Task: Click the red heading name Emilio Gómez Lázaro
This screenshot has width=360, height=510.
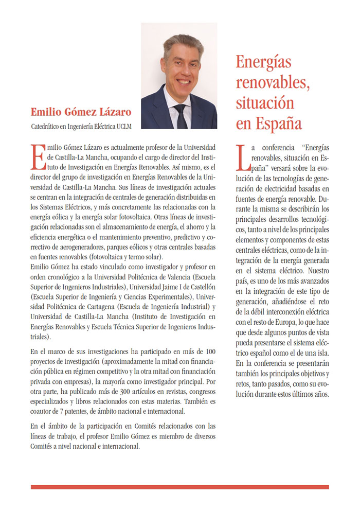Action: pos(81,112)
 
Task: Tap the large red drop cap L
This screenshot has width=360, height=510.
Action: pos(241,156)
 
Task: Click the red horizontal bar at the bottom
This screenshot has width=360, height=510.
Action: pos(179,486)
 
